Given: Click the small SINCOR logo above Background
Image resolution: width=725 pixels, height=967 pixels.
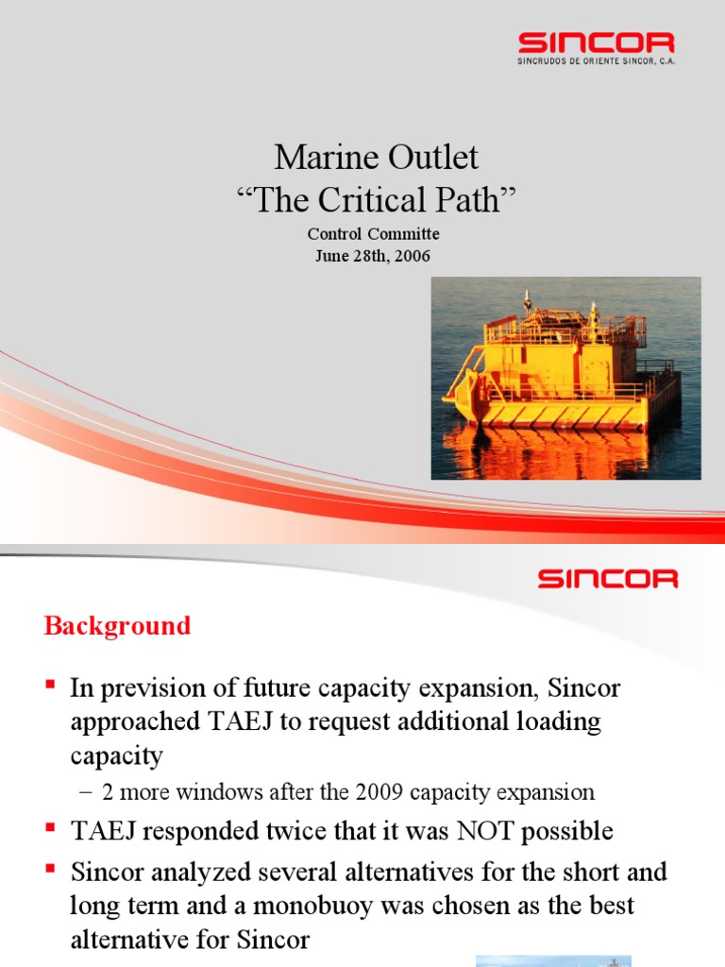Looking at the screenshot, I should pos(607,578).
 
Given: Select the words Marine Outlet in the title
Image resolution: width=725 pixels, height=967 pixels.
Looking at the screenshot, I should pos(376,157).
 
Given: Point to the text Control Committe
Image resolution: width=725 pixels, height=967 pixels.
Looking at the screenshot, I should pos(373,234).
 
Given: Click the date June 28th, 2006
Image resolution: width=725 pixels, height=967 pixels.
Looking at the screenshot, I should pos(373,254).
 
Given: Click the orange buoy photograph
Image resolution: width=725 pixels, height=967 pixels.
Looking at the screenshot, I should pos(565,378).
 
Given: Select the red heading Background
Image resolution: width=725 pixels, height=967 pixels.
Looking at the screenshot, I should pos(117,625).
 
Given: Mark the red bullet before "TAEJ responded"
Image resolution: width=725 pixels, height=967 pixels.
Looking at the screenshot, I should pos(52,828).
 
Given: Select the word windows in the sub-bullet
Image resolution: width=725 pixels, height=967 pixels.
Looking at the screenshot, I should pos(210,791).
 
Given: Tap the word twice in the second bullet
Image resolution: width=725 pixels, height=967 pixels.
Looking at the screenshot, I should pos(310,831).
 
